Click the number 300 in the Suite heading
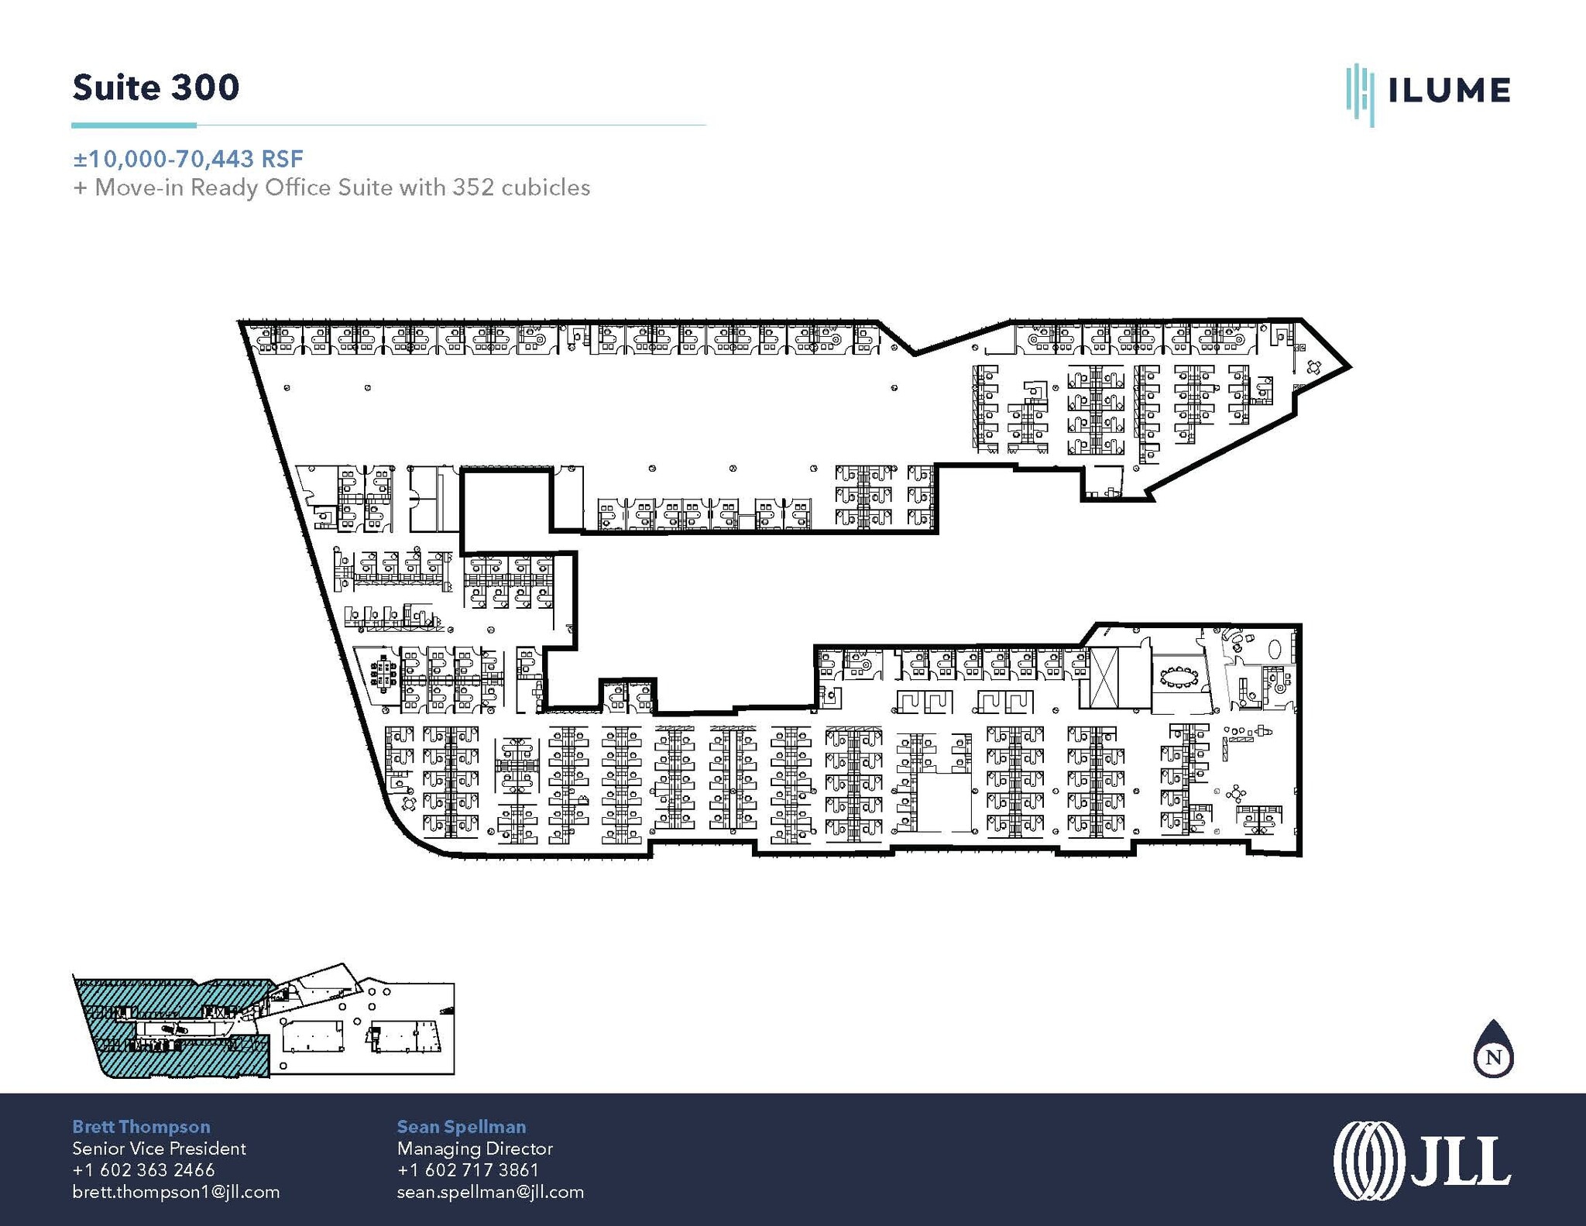[204, 88]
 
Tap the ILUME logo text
[1448, 91]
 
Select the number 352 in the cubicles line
[468, 187]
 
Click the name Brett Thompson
[141, 1127]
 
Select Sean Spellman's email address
[490, 1192]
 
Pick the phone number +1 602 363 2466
[143, 1170]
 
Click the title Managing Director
[475, 1149]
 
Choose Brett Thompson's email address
[176, 1192]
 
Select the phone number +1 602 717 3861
[468, 1170]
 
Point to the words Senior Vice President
[159, 1149]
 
